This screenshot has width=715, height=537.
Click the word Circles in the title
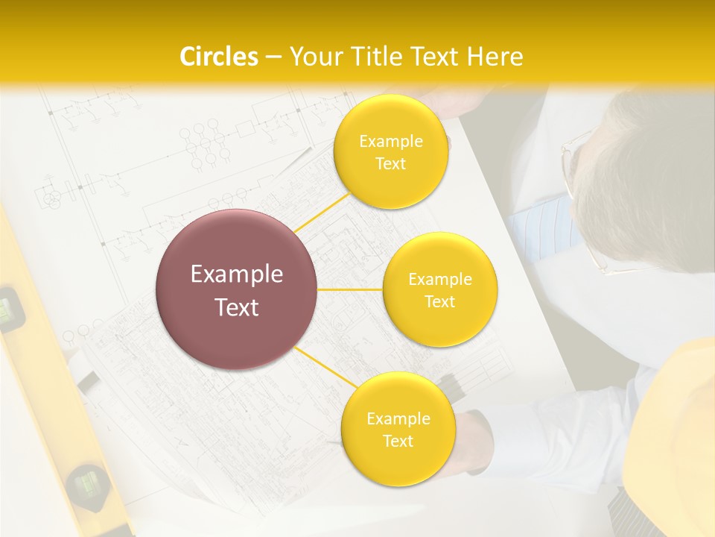point(218,57)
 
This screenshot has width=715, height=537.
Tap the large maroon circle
point(237,289)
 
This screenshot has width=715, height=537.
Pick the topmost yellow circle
point(391,152)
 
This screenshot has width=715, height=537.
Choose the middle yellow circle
point(439,289)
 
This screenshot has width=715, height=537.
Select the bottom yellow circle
point(398,429)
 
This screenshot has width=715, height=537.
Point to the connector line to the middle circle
point(350,289)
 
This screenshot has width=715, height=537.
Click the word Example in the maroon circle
point(237,274)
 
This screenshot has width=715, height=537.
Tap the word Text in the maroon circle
point(237,307)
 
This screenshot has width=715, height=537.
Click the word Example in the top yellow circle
point(391,142)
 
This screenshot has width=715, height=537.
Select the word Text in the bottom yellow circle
point(398,441)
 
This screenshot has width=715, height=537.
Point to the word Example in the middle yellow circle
point(439,280)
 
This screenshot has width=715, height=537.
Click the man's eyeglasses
point(578,194)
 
